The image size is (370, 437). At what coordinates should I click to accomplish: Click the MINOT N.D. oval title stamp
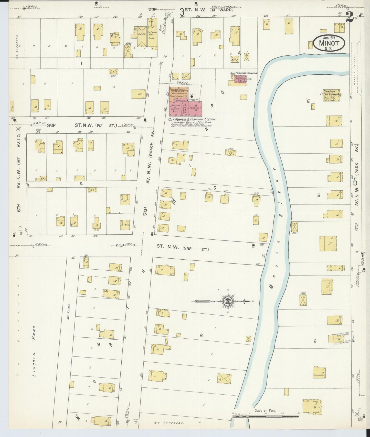coord(329,43)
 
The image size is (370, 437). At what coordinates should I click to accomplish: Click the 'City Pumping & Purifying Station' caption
coord(191,119)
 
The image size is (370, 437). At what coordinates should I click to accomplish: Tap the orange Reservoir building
coord(179,92)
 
